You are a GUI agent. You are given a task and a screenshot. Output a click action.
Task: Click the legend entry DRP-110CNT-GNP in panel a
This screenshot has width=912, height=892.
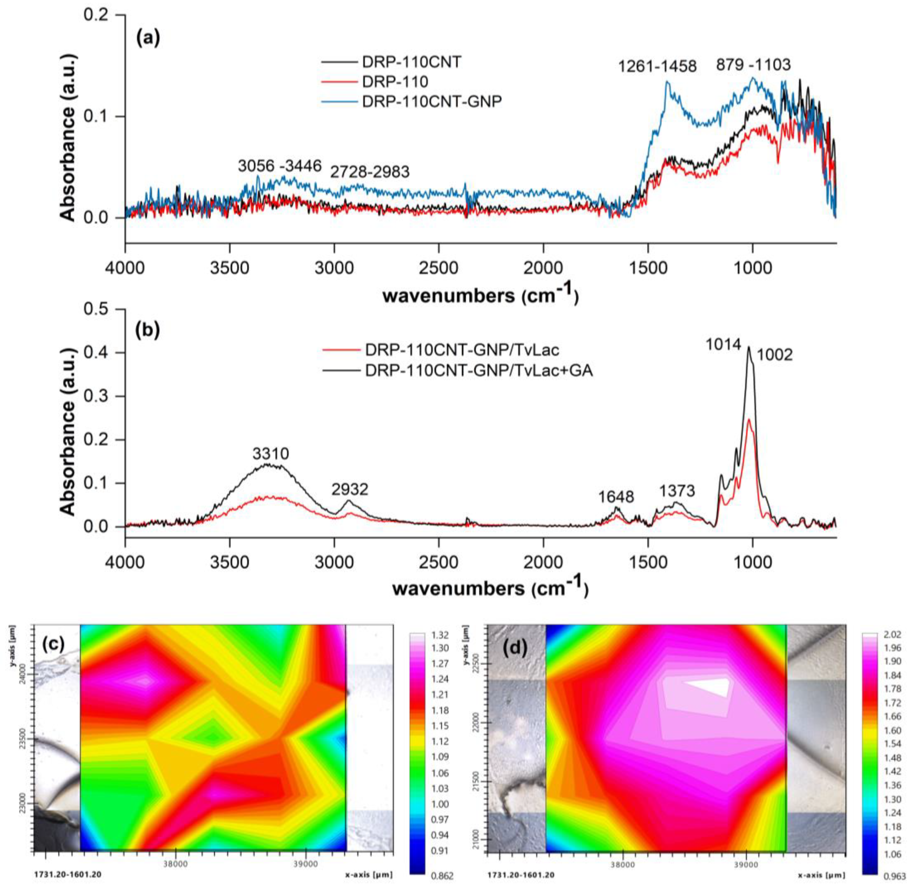click(x=431, y=102)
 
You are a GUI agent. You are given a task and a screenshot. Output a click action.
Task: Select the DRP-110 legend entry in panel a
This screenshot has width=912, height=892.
click(x=395, y=82)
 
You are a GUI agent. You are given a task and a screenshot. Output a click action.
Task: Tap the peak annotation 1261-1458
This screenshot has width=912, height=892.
click(x=657, y=66)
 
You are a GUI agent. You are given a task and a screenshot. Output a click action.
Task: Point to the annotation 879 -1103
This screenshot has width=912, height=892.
click(x=753, y=65)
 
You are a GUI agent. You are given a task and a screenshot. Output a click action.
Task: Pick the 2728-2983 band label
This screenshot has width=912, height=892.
click(x=370, y=172)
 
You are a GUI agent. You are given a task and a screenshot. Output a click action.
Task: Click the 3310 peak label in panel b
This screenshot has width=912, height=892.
click(x=271, y=453)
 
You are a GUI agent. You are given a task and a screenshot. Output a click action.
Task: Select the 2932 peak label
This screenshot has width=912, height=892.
click(x=350, y=490)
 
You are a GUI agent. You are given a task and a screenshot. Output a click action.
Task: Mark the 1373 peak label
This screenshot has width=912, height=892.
click(x=677, y=491)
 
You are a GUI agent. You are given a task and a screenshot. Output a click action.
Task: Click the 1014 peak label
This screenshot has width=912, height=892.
click(x=724, y=345)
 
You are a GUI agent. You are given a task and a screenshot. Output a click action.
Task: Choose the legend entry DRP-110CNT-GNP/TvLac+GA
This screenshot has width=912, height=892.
click(x=478, y=371)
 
